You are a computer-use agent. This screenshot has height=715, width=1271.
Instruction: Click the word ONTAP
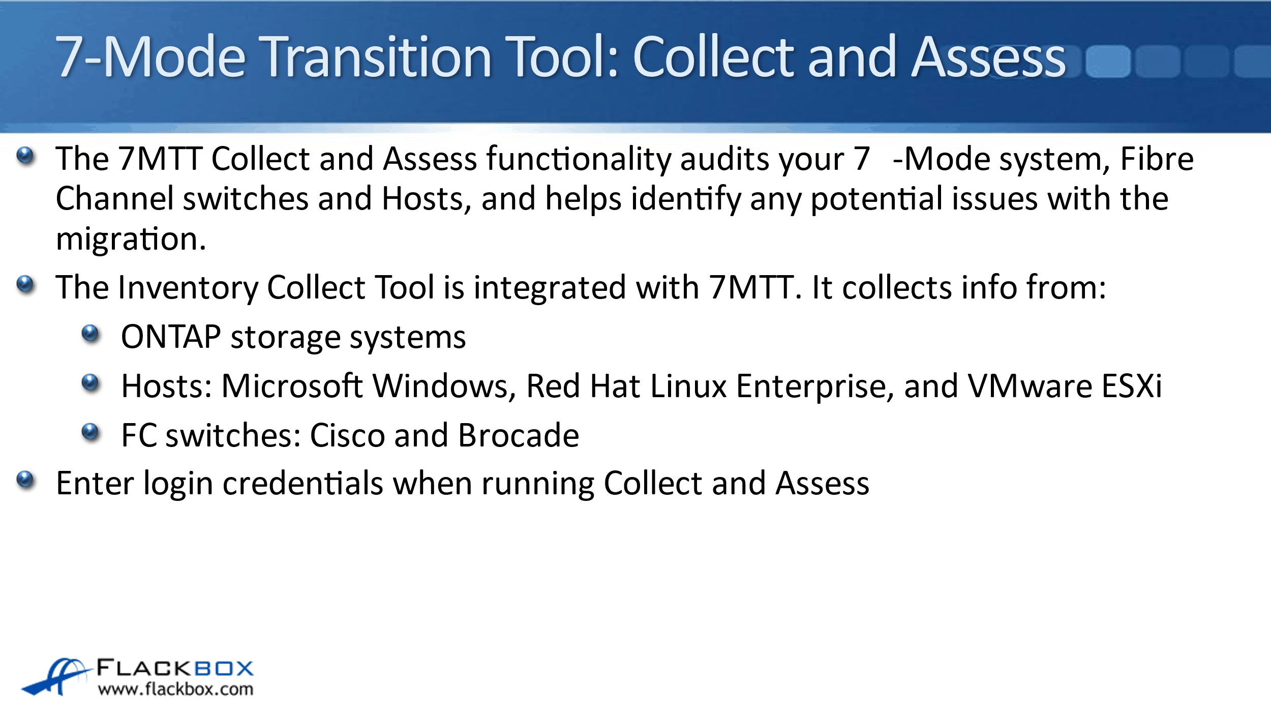[x=171, y=337]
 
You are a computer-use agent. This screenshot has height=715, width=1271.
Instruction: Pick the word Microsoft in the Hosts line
[x=292, y=386]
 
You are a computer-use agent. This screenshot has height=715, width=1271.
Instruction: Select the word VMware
[x=1030, y=386]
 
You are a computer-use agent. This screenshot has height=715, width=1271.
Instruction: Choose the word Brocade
[x=519, y=435]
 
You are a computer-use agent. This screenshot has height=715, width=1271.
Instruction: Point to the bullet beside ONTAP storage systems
[x=90, y=334]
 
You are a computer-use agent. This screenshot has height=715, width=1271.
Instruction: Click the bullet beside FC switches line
[x=90, y=432]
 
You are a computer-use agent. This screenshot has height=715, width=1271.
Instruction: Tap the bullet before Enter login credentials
[x=25, y=480]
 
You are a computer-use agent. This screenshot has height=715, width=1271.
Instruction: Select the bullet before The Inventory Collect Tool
[x=25, y=285]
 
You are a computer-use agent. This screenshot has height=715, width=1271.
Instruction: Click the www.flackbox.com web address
[x=176, y=690]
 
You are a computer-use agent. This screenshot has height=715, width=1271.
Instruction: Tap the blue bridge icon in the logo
[x=56, y=677]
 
